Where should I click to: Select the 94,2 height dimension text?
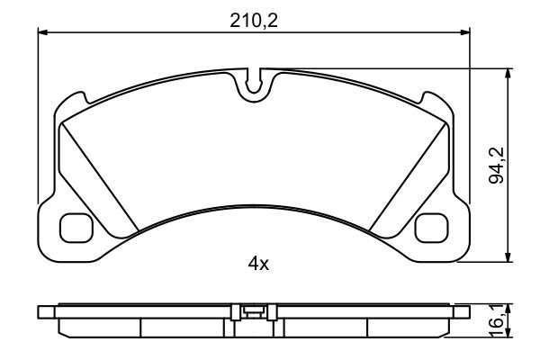pos(495,167)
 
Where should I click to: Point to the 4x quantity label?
pos(258,264)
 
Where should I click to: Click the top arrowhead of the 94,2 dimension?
pos(509,73)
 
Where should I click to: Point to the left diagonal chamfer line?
pos(97,172)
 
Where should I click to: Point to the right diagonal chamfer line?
pos(410,172)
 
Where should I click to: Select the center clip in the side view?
pos(255,312)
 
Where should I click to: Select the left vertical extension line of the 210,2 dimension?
pos(38,117)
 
